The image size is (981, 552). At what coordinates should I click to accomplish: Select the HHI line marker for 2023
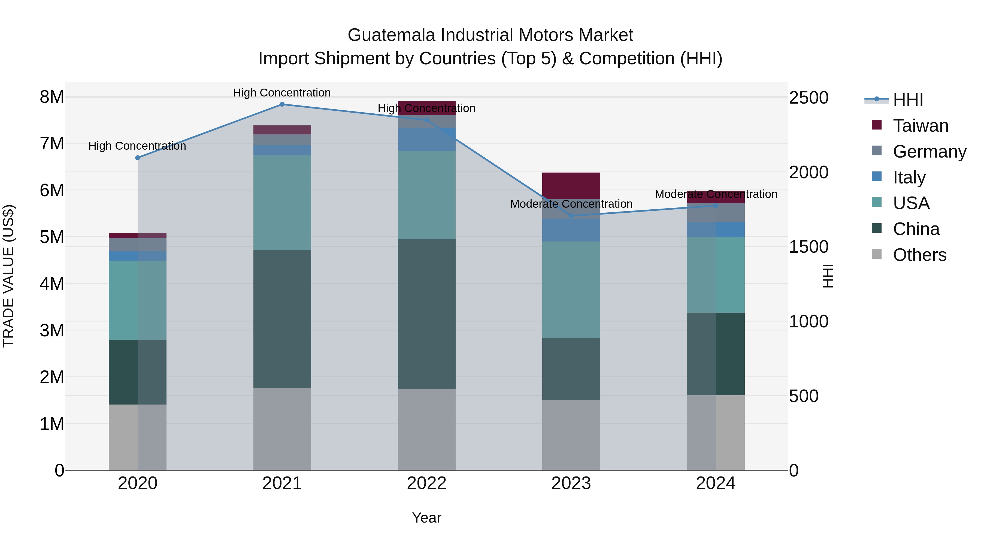571,216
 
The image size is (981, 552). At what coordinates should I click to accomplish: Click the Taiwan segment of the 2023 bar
571,186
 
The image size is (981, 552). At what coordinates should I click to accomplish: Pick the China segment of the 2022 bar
426,314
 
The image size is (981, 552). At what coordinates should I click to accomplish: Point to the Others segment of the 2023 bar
571,435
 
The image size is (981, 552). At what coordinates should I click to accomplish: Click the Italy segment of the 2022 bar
426,139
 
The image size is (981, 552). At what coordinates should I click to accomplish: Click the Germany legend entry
929,152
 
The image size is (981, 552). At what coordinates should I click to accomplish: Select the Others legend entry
919,255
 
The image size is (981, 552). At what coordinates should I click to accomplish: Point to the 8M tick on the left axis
52,97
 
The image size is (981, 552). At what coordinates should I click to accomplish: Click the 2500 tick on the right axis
808,98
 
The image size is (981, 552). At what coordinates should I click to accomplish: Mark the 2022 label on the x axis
426,483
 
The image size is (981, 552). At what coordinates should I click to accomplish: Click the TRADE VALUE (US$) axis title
8,276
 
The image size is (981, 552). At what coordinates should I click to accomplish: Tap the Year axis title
426,518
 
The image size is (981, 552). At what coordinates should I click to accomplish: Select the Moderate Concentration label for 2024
716,194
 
